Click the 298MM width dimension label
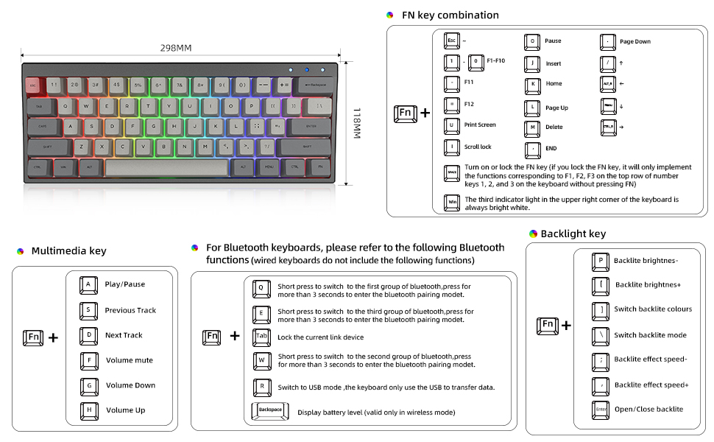click(x=176, y=48)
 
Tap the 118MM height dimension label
click(x=356, y=124)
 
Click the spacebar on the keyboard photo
click(x=166, y=166)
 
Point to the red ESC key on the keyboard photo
click(x=32, y=85)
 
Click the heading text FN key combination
click(x=450, y=15)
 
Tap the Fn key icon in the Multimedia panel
click(x=32, y=337)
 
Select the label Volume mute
click(x=130, y=360)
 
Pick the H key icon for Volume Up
click(x=88, y=410)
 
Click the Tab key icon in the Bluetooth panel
click(x=261, y=337)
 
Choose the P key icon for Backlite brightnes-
click(x=601, y=260)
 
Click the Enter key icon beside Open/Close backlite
click(x=601, y=410)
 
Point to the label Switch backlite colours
click(x=653, y=309)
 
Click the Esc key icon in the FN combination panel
click(x=452, y=41)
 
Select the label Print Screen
click(x=480, y=125)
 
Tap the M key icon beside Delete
click(x=533, y=127)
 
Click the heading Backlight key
click(x=573, y=234)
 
